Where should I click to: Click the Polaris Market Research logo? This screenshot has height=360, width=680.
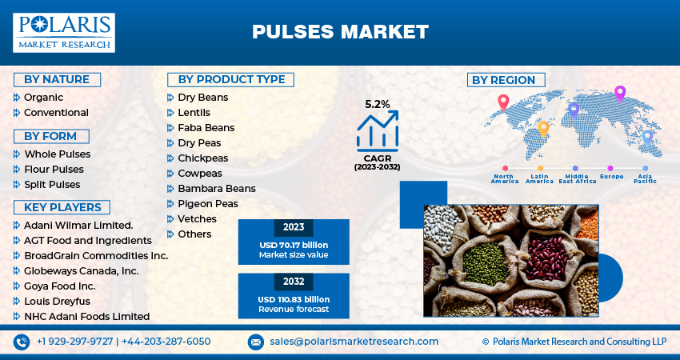[x=64, y=32]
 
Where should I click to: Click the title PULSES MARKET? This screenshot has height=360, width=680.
[x=340, y=32]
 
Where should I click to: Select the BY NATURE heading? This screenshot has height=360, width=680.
[x=57, y=79]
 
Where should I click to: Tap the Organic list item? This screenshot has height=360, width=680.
[x=43, y=97]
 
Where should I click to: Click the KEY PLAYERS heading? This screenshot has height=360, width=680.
[x=62, y=207]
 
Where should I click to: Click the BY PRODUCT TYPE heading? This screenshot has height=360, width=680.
[x=231, y=79]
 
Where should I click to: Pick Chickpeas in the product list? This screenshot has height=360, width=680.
[x=202, y=158]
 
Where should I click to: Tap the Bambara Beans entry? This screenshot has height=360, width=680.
[x=216, y=188]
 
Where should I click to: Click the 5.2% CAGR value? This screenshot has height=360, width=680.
[x=378, y=104]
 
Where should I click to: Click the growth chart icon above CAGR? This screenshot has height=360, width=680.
[x=378, y=130]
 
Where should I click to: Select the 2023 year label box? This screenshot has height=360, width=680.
[x=294, y=226]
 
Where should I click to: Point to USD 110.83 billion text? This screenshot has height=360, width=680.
[x=294, y=299]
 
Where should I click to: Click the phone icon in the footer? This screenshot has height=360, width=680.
[x=22, y=342]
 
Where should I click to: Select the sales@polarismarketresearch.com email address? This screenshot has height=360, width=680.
[x=354, y=342]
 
